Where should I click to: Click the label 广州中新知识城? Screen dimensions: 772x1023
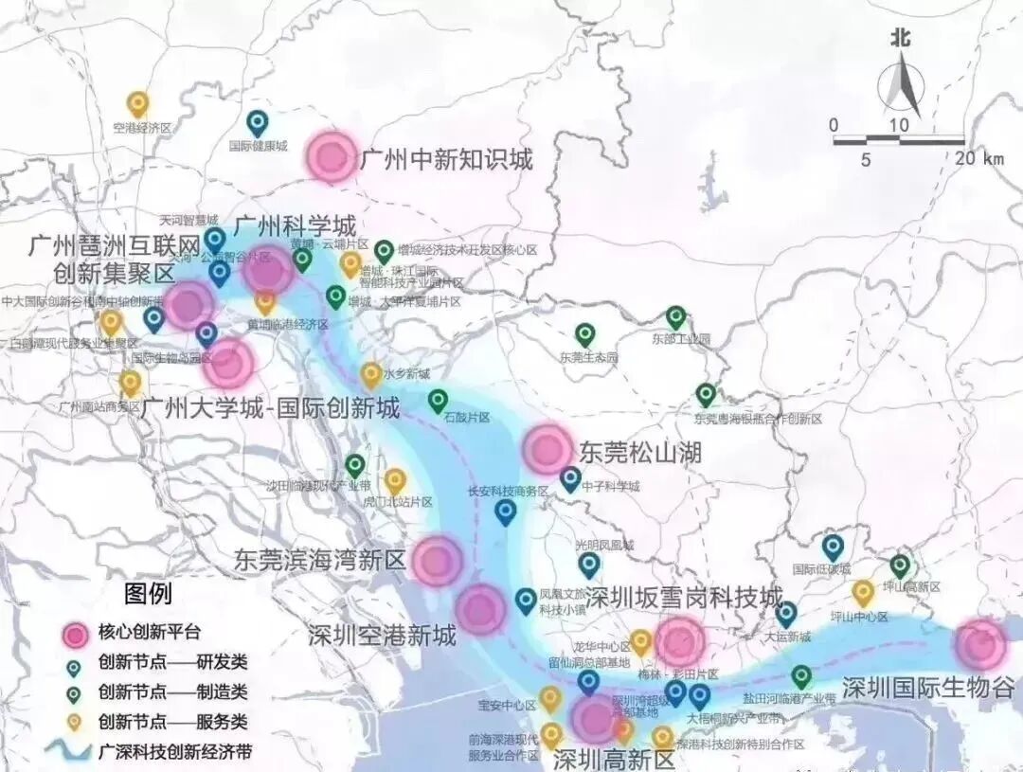click(446, 159)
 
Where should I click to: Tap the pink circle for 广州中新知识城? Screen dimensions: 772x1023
click(332, 156)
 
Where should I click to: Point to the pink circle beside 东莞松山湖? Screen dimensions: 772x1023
click(547, 449)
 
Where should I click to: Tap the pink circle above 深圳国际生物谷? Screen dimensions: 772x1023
click(980, 644)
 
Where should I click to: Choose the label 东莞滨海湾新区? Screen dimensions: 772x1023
click(319, 559)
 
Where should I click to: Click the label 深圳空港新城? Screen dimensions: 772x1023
click(382, 635)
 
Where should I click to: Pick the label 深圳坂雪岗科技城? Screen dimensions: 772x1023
click(684, 598)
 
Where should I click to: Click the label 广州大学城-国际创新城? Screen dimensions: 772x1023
click(270, 409)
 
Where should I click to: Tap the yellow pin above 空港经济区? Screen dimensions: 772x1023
click(138, 102)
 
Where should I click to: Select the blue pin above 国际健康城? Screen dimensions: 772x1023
click(257, 122)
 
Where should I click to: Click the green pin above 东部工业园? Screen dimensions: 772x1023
click(675, 317)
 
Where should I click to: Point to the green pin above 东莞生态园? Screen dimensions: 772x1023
click(585, 334)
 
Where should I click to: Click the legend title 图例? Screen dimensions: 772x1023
click(148, 595)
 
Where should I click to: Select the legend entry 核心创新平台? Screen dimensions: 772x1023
click(149, 632)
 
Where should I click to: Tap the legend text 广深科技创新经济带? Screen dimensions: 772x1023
click(174, 753)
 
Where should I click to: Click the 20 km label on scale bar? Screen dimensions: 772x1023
click(979, 159)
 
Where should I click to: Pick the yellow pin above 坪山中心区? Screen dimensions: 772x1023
click(862, 593)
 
